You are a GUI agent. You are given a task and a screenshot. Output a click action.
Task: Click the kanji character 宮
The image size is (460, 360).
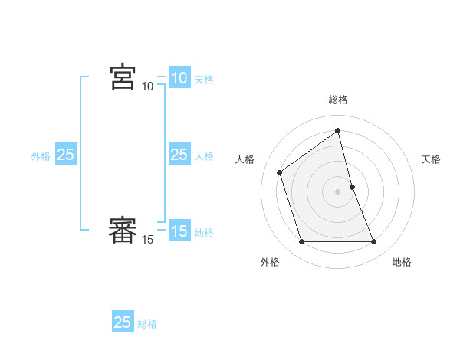123,77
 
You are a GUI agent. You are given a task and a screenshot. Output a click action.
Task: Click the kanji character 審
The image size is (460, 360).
123,231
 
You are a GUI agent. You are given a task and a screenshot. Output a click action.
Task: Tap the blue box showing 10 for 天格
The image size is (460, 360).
179,77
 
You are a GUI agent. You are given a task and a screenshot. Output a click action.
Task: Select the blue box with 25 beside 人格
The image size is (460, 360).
179,155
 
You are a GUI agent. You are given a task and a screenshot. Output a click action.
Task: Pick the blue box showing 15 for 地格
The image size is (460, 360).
179,231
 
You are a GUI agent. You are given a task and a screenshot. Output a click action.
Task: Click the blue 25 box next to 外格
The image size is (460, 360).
66,155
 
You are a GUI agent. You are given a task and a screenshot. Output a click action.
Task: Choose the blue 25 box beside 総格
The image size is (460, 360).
123,322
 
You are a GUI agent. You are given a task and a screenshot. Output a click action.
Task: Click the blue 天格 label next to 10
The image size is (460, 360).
204,80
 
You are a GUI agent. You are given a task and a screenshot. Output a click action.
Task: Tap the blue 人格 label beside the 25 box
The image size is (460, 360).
204,156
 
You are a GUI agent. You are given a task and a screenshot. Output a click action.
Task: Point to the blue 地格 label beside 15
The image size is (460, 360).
204,233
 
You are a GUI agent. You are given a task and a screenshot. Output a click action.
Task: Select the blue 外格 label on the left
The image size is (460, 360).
41,156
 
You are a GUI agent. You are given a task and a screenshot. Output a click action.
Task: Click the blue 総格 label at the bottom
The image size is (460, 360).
147,324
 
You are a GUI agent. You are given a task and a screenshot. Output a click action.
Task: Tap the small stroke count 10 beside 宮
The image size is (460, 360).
148,87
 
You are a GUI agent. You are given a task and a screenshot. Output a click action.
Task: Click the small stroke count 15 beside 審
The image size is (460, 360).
148,240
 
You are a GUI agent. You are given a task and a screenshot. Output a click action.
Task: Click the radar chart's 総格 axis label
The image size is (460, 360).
338,100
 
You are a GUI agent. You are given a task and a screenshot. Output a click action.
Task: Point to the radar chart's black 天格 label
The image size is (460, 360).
431,159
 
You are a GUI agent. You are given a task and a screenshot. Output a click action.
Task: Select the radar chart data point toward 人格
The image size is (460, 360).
280,172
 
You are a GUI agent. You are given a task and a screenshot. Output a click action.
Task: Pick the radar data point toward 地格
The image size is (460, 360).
373,242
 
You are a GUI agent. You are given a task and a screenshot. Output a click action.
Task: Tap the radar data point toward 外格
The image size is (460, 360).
301,242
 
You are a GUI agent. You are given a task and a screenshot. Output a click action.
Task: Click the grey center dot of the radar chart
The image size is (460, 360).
338,191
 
